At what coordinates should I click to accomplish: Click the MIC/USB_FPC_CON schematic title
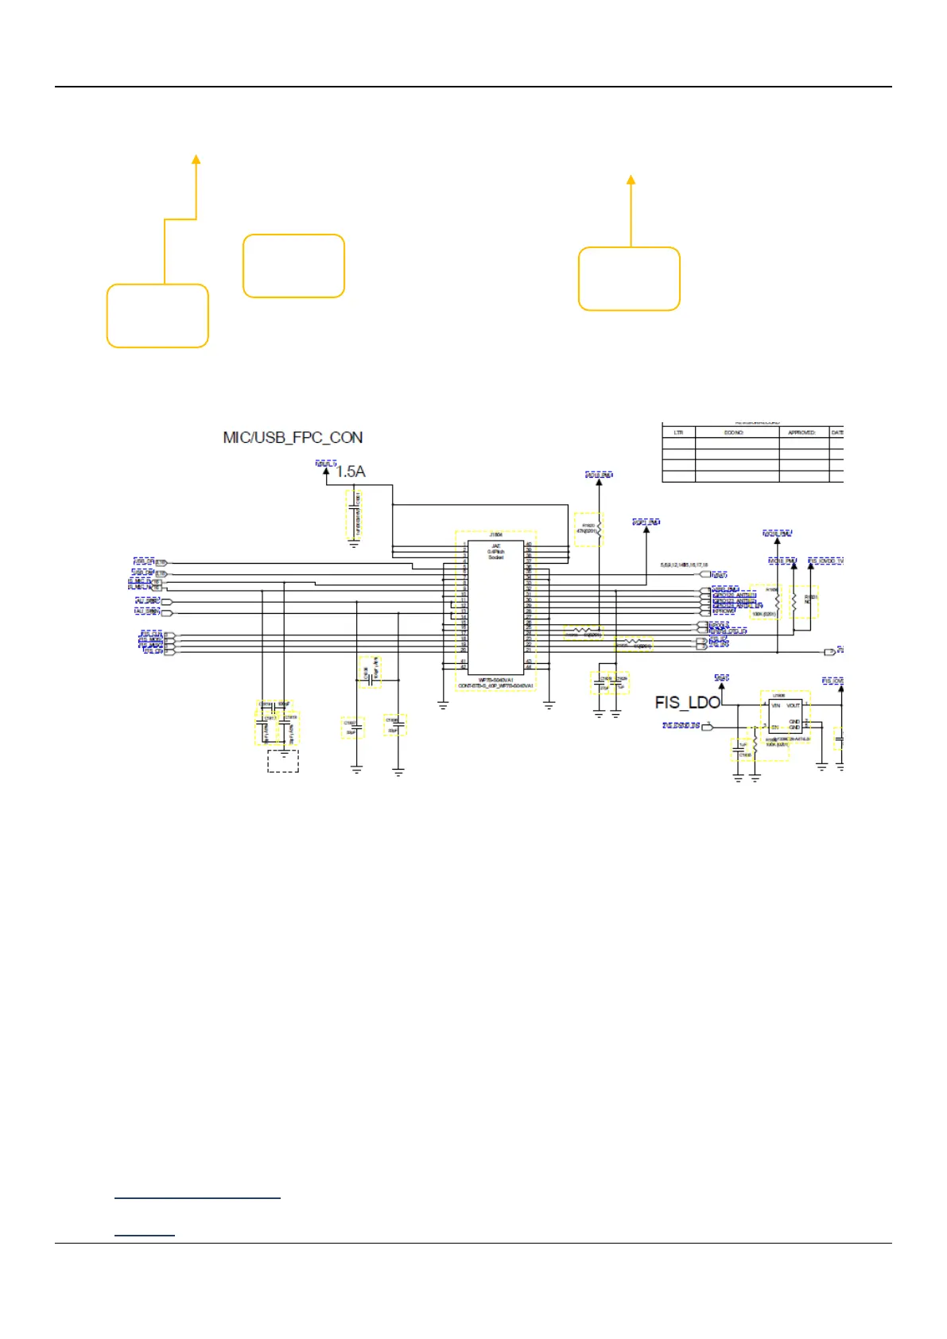click(293, 437)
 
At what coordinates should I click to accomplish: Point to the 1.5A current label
click(350, 472)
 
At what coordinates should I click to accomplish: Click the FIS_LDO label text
click(687, 702)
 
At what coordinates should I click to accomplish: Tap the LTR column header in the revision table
click(678, 433)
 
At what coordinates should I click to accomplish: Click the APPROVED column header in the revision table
click(801, 433)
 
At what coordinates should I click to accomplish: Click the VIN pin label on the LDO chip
click(774, 705)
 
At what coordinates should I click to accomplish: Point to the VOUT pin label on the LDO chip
click(793, 705)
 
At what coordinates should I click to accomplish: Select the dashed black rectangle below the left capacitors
click(283, 761)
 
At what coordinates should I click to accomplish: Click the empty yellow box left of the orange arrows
click(157, 316)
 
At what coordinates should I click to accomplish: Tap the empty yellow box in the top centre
click(293, 266)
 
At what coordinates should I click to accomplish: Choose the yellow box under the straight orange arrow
click(629, 278)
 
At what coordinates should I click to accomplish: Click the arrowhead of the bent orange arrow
click(196, 159)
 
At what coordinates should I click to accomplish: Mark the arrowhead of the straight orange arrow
click(631, 180)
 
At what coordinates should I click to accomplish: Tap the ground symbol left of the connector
click(443, 703)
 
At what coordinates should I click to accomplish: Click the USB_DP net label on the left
click(143, 561)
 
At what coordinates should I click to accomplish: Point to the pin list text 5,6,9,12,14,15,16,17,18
click(684, 565)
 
